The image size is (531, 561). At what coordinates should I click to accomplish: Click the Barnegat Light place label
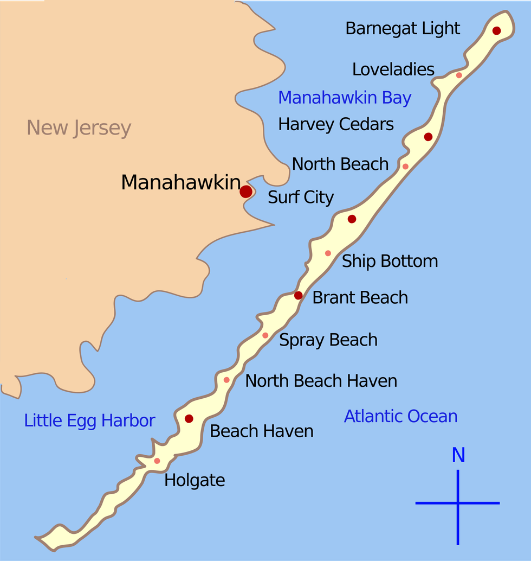click(x=403, y=29)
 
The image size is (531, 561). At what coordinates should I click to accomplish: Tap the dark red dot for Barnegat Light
click(x=496, y=31)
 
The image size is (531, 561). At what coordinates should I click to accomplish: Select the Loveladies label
click(x=393, y=69)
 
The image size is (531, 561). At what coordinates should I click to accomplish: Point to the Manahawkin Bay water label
click(x=345, y=98)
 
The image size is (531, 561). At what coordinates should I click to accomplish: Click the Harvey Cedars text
click(x=336, y=124)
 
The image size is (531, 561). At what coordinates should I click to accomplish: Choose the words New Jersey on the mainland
click(x=79, y=129)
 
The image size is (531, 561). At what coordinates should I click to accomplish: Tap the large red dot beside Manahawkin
click(x=246, y=192)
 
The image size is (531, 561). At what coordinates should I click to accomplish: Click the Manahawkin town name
click(x=180, y=182)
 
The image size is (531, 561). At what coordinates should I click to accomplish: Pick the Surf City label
click(x=301, y=197)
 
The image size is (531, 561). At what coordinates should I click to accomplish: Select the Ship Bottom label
click(x=390, y=261)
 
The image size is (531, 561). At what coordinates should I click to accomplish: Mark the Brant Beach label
click(x=360, y=297)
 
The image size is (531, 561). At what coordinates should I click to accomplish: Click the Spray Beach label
click(x=328, y=340)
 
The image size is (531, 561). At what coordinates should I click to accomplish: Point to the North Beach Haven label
click(x=321, y=381)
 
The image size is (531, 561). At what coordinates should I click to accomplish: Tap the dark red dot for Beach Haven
click(x=189, y=419)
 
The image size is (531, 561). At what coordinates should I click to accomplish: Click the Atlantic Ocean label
click(x=400, y=416)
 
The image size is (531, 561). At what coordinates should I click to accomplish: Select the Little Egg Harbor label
click(x=90, y=420)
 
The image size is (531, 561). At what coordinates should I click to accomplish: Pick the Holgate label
click(x=195, y=480)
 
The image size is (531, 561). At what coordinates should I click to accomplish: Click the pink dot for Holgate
click(x=157, y=461)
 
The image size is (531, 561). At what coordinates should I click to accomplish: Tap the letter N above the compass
click(x=458, y=456)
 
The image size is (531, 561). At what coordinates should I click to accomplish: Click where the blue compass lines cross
click(x=458, y=503)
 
